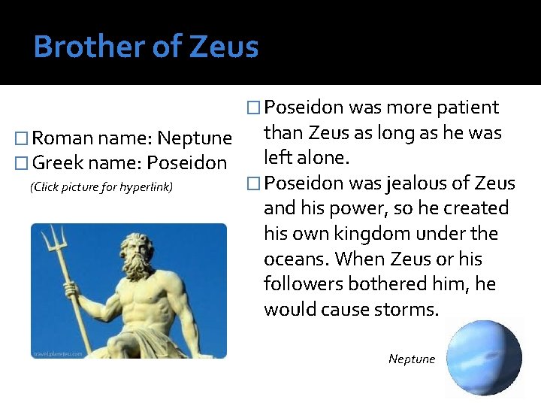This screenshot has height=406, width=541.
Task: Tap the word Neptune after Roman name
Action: coord(195,138)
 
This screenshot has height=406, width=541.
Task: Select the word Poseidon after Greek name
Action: coord(186,162)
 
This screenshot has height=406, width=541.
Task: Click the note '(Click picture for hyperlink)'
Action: coord(101,186)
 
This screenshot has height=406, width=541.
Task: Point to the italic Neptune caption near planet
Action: coord(412,359)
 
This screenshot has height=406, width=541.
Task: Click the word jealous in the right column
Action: coord(417,183)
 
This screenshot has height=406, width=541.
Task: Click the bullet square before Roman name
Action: coord(23,139)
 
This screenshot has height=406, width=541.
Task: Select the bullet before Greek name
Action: coord(23,163)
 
